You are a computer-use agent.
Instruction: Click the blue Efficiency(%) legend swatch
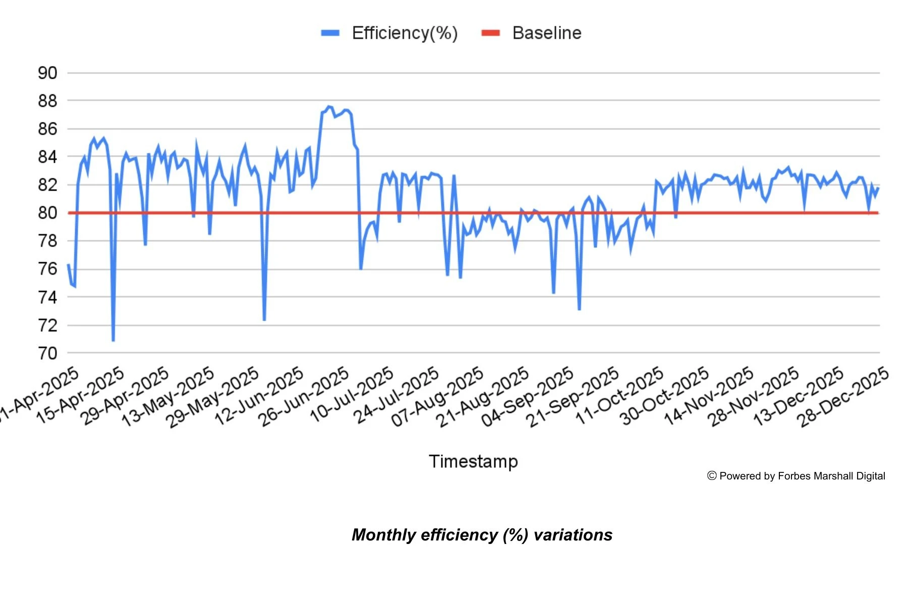[x=330, y=33]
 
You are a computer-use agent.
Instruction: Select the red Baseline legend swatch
[x=490, y=33]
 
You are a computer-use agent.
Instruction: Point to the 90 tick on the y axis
[x=47, y=73]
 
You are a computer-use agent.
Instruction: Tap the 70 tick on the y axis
[x=47, y=353]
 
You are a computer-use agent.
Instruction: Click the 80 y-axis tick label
[x=47, y=213]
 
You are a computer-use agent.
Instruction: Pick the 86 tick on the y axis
[x=47, y=129]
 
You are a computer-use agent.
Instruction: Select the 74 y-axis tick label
[x=47, y=297]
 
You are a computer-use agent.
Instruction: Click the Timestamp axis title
[x=473, y=461]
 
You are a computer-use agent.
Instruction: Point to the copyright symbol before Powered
[x=712, y=476]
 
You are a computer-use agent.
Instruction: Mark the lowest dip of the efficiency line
[x=113, y=341]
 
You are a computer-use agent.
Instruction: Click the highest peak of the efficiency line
[x=328, y=106]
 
